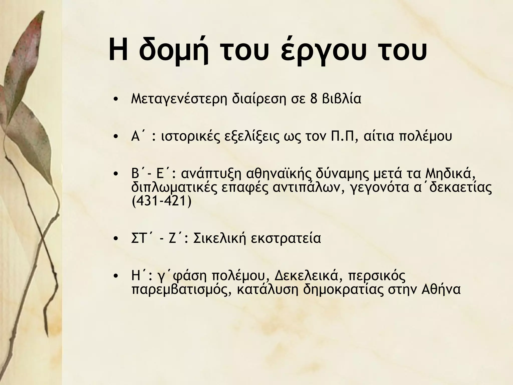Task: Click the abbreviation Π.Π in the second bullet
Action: click(x=345, y=137)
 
